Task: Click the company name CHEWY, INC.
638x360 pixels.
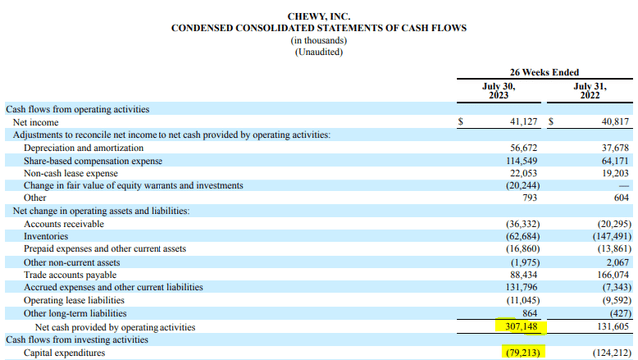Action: click(x=319, y=17)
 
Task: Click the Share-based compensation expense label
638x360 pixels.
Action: click(x=90, y=160)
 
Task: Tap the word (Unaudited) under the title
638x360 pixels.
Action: click(x=319, y=52)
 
